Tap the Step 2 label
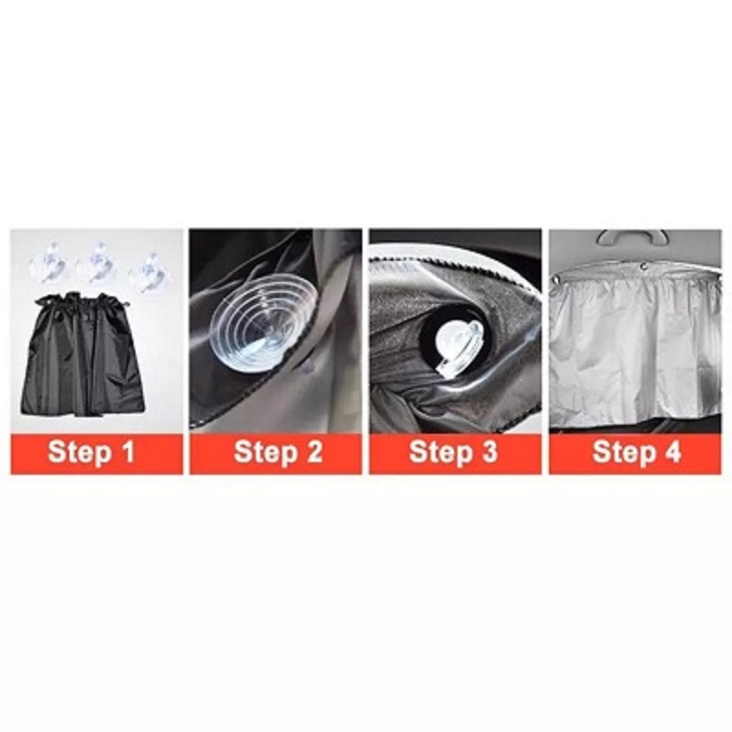point(278,452)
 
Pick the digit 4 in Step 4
point(673,452)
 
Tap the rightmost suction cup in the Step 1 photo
point(146,273)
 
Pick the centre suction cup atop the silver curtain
point(645,267)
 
